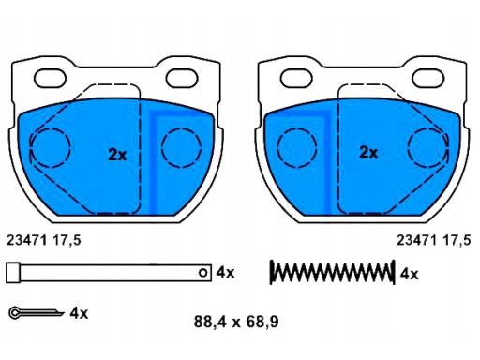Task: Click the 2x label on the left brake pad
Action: click(117, 155)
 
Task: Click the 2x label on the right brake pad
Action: click(368, 153)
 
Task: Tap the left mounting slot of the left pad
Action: click(50, 79)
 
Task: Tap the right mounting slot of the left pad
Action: click(182, 79)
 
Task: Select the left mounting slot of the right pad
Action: click(296, 79)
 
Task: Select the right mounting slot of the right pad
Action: click(428, 79)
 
